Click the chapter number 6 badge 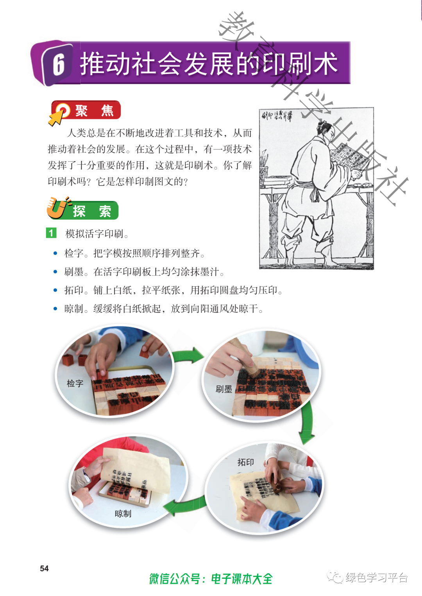tap(57, 64)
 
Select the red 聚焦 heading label tap(86, 110)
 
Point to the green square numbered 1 tap(51, 233)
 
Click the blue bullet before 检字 tap(55, 253)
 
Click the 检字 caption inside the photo tap(75, 383)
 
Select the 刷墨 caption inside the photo tap(224, 389)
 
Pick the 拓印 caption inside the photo tap(246, 462)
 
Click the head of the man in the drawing tap(325, 130)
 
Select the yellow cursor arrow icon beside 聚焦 tap(56, 118)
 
